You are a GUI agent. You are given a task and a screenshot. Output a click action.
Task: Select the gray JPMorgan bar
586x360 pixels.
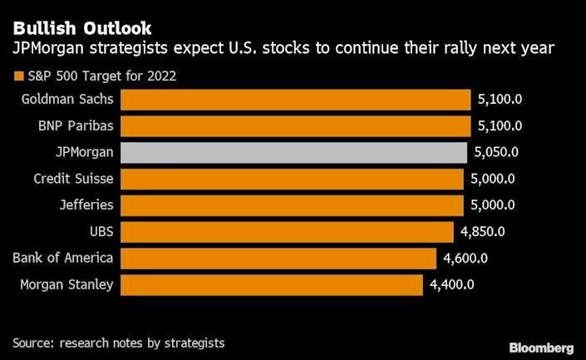point(295,152)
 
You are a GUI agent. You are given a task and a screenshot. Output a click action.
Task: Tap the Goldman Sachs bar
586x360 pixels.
point(296,100)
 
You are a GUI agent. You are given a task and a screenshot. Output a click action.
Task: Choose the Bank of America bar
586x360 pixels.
point(278,259)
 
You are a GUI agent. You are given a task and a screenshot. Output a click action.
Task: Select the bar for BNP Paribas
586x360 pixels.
point(296,126)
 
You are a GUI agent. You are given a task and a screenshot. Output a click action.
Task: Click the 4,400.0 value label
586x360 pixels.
point(452,285)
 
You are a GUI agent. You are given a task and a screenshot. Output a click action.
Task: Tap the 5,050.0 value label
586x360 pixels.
point(496,152)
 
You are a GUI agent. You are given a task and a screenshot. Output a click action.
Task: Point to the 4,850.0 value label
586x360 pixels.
point(484,232)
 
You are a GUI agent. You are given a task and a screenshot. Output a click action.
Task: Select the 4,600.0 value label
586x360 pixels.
point(465,259)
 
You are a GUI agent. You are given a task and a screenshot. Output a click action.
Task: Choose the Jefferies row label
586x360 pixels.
point(86,205)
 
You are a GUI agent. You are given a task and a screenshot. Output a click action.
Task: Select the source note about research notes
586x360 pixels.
point(119,343)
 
